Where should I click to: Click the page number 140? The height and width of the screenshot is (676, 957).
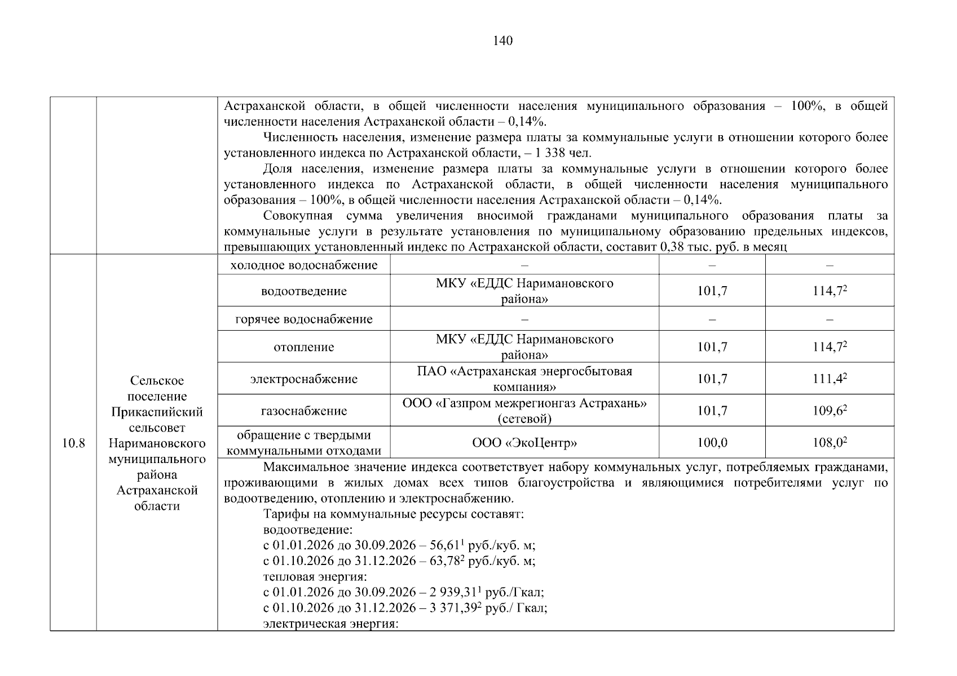tap(502, 41)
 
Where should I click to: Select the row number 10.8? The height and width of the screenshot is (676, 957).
tap(73, 443)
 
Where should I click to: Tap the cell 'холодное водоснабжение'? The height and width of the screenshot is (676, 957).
tap(304, 265)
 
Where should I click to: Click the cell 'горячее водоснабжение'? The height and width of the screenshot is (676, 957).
tap(304, 319)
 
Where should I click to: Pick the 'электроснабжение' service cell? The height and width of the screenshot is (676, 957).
tap(304, 379)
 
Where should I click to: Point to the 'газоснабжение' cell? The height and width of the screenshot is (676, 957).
tap(304, 411)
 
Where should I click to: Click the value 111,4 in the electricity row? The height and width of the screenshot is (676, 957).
tap(828, 379)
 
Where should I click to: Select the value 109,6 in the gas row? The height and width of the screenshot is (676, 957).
tap(828, 411)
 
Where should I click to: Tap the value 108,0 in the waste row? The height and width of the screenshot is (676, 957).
tap(828, 443)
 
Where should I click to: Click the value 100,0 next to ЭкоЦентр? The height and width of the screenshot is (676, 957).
tap(712, 443)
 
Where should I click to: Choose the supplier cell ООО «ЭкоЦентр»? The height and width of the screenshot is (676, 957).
tap(524, 443)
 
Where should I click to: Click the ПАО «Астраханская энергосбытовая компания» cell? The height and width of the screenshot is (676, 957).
tap(524, 379)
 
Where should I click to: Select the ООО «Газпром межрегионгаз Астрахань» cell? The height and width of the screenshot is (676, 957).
tap(524, 411)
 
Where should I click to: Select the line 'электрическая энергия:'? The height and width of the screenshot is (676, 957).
tap(331, 624)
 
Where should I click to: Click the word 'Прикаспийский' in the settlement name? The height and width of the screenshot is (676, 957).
tap(157, 412)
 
